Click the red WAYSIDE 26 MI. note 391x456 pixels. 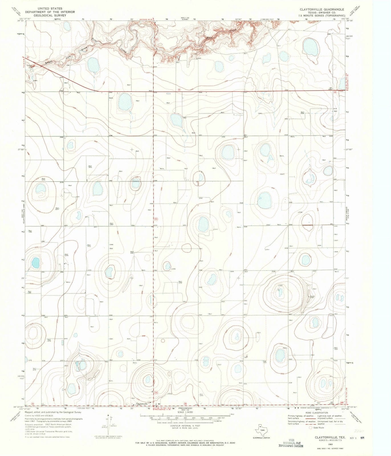146,19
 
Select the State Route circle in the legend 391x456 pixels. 311,427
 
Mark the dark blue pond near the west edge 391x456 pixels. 35,262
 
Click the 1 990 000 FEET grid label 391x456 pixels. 267,19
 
